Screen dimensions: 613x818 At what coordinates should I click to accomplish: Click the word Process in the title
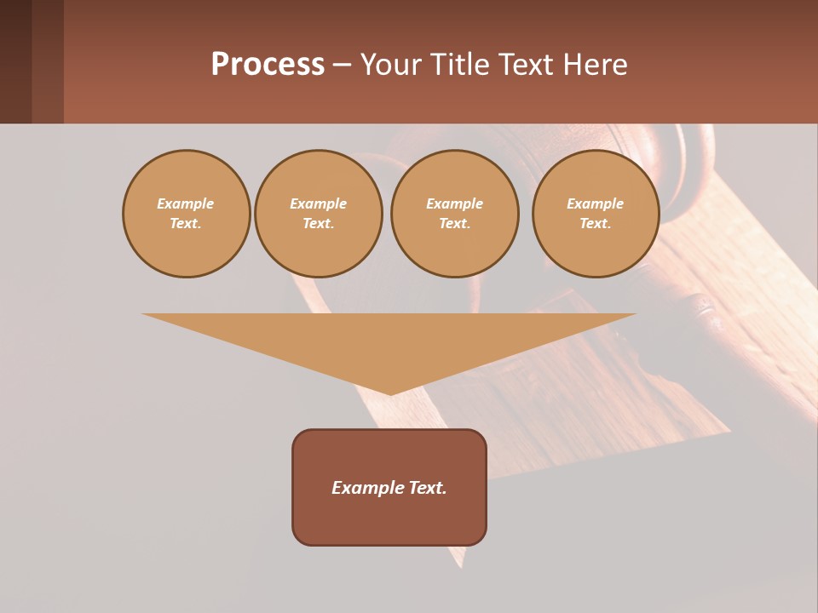point(268,65)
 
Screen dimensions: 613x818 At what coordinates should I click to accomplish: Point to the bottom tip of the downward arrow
point(390,393)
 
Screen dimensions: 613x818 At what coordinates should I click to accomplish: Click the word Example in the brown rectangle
point(367,488)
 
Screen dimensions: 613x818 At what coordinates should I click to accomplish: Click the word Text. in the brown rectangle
point(427,488)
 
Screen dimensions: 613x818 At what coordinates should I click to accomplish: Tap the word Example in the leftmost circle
point(186,204)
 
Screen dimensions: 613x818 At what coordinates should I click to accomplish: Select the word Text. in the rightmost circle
point(596,224)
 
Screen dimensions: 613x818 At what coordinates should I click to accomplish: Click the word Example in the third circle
point(454,204)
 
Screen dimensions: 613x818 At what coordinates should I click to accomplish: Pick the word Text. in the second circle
point(318,224)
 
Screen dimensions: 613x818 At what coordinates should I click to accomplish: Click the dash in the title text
point(342,66)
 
